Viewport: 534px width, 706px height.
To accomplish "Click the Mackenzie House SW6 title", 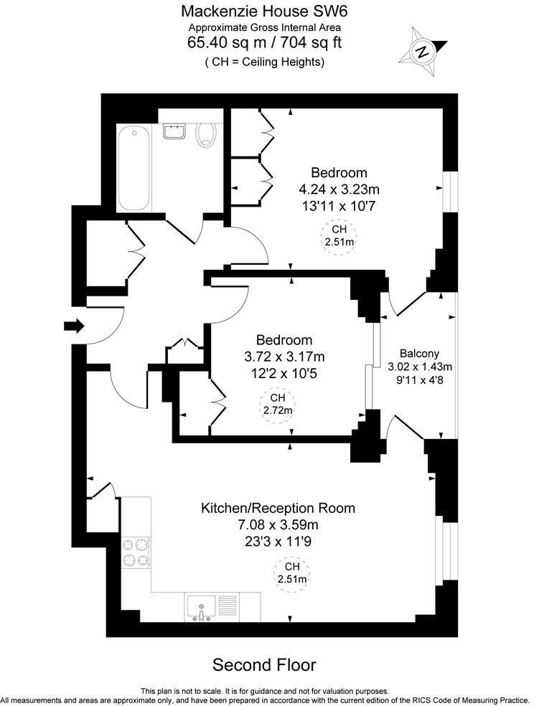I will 264,11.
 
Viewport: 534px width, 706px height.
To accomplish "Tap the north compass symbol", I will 423,50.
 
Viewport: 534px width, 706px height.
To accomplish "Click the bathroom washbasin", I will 174,131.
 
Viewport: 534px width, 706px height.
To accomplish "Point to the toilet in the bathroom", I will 207,133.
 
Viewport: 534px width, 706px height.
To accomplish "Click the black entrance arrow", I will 73,326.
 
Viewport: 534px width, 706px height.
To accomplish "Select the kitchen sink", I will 201,606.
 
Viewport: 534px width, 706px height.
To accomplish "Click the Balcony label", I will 419,353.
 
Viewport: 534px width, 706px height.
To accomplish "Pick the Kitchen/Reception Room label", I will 277,509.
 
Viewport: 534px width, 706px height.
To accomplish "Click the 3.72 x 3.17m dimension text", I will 285,357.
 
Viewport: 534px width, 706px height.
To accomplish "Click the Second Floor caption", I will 264,664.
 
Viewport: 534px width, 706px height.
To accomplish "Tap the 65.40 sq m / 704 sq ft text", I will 264,42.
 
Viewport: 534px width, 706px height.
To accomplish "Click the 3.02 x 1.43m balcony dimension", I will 420,367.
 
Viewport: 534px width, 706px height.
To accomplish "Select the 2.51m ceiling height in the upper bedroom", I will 339,236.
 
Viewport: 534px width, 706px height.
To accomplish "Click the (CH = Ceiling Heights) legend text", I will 264,62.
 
